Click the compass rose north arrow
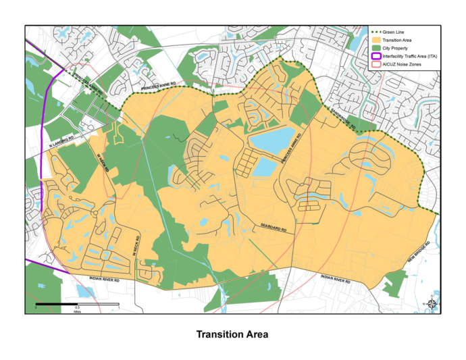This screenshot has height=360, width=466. tap(432, 305)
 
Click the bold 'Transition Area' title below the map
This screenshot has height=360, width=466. tap(232, 335)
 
